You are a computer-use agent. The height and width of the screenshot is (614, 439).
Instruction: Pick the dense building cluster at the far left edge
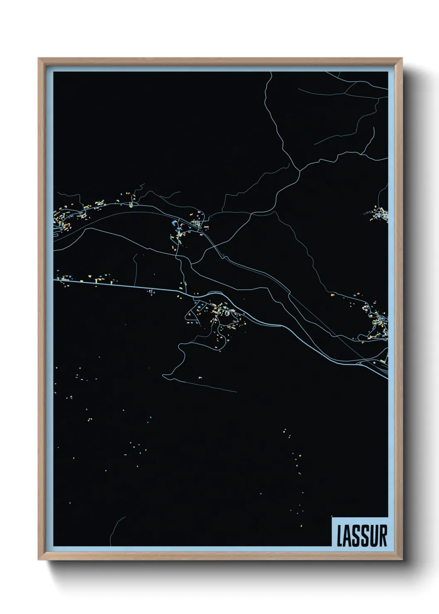62,220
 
